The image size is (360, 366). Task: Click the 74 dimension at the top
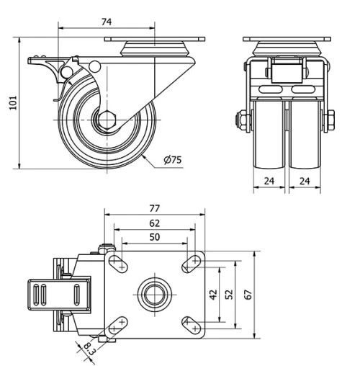[x=106, y=22]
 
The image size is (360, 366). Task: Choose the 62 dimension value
[x=154, y=223]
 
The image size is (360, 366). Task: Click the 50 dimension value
[x=154, y=237]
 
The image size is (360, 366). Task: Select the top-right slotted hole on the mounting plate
[x=191, y=264]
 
